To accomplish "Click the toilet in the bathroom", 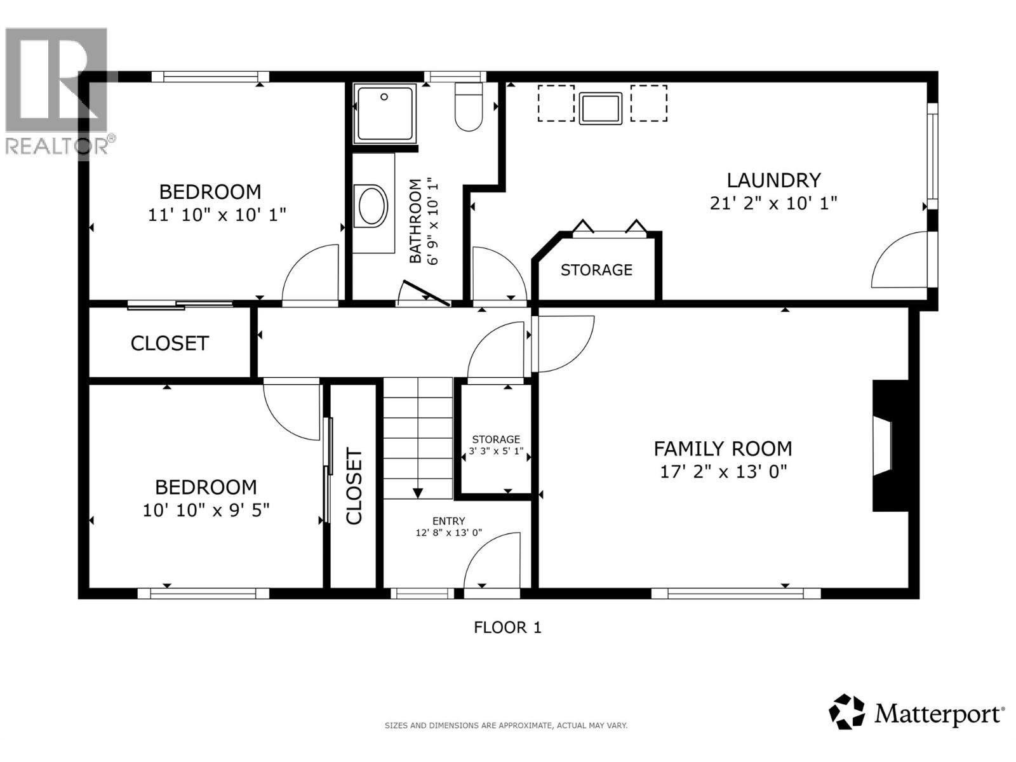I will click(469, 108).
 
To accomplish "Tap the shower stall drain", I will click(384, 97).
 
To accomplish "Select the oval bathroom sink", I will click(373, 206).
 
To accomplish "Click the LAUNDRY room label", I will click(773, 180).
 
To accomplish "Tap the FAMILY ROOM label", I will click(723, 449).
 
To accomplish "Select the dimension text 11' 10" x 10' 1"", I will click(217, 215).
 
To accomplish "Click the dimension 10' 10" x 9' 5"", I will click(206, 510).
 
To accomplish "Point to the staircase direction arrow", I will click(418, 492).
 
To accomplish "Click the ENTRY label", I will click(449, 521).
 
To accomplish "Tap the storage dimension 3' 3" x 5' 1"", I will click(496, 452).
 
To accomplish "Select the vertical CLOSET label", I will click(354, 486).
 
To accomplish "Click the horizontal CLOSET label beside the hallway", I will click(170, 344).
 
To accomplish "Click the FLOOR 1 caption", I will click(507, 627).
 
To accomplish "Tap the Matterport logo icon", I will click(846, 712).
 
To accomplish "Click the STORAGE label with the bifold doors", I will click(596, 270).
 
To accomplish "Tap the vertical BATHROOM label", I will click(415, 221).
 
